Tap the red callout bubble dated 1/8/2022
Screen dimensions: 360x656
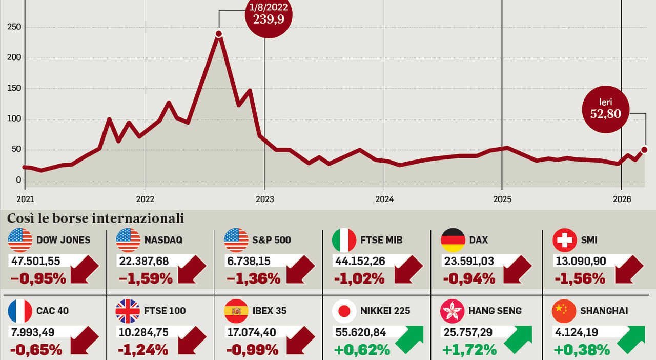pos(269,15)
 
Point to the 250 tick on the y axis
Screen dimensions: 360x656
pos(15,27)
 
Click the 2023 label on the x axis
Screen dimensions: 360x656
pos(264,199)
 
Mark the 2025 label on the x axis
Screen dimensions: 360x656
pos(502,199)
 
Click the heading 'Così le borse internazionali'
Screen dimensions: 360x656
pos(95,218)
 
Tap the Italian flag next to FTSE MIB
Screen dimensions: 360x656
pos(344,240)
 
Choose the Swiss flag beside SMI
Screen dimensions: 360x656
pos(565,240)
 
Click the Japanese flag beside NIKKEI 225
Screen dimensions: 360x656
pos(344,311)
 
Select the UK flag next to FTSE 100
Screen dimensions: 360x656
pos(128,311)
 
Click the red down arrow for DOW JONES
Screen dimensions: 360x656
pos(85,268)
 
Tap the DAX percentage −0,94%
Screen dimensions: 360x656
pos(468,278)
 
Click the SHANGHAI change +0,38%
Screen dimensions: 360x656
pos(582,350)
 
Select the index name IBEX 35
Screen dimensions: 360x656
pos(269,311)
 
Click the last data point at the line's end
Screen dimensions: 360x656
pos(644,150)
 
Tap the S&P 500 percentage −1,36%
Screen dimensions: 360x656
pos(253,278)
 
